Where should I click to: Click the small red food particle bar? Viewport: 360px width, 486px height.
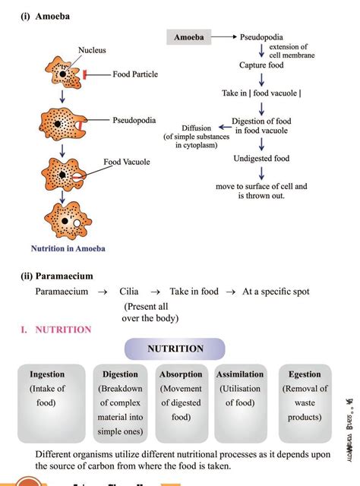87,74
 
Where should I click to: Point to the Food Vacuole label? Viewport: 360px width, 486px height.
127,162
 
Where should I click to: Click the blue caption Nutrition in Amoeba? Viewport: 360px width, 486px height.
68,248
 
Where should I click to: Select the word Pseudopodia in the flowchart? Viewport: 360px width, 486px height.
263,36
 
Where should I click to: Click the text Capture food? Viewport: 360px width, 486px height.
262,65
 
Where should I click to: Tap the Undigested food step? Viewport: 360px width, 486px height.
261,159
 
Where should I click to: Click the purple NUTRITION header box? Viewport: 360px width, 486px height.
175,349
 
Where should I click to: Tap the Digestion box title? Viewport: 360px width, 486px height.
120,374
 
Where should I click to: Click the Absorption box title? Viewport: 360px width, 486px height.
181,374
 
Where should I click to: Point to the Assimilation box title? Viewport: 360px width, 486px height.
240,374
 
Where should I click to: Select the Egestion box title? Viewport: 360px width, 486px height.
305,374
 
